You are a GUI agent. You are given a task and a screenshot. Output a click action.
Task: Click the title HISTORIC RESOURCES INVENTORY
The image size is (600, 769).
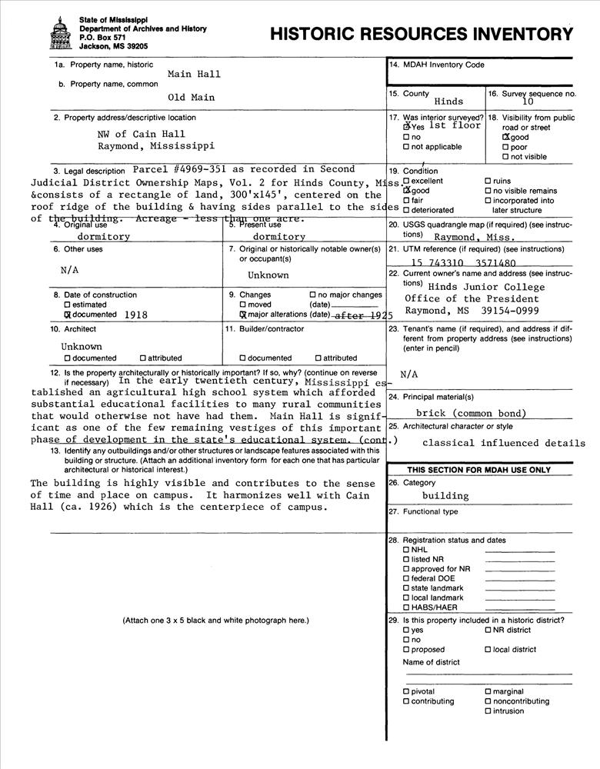[421, 34]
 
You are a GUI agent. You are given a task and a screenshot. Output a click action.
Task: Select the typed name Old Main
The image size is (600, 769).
[192, 98]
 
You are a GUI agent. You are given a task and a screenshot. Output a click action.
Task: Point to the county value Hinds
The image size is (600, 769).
[448, 102]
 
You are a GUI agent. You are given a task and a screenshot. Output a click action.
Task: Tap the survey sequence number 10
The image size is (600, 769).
[527, 101]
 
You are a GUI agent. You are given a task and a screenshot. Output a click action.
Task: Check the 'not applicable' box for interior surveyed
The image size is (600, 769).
[407, 147]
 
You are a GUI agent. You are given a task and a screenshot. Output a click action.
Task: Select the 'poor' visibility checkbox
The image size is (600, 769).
[505, 147]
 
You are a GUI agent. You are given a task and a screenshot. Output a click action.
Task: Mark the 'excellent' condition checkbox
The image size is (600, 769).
[406, 181]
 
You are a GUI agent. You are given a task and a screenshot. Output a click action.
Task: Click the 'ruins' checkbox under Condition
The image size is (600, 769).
[488, 181]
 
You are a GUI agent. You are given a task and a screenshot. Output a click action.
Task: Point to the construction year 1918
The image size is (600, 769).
[135, 315]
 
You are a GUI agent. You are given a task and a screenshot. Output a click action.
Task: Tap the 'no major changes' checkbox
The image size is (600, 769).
[312, 295]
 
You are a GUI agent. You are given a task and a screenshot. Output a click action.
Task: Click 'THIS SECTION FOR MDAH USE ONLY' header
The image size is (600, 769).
[478, 469]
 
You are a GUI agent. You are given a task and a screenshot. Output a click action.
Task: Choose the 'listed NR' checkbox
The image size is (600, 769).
[406, 559]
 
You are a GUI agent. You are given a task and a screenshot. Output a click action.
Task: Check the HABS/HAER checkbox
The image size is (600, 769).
[406, 608]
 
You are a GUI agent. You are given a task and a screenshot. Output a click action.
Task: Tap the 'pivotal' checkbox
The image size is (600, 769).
[406, 692]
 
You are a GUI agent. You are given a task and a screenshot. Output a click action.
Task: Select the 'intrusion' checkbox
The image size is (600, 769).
[488, 711]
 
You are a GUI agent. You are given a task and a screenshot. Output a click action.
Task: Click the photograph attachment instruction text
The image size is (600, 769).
[215, 620]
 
